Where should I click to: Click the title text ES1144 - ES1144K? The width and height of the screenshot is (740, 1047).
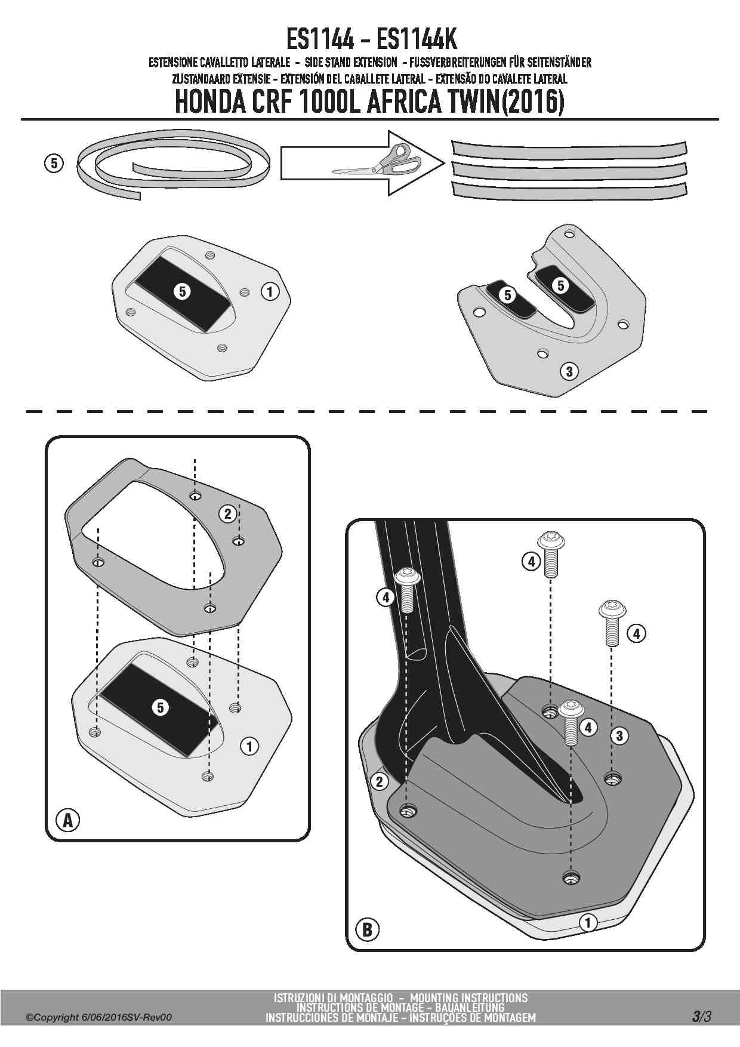(x=371, y=41)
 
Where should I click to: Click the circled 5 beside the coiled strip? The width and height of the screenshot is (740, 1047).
(x=54, y=163)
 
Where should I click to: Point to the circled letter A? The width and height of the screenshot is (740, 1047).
(x=68, y=820)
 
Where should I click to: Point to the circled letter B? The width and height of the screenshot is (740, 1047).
(x=368, y=929)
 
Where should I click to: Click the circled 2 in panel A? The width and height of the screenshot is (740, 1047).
(x=227, y=513)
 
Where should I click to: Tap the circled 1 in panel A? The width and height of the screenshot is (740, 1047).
(x=249, y=746)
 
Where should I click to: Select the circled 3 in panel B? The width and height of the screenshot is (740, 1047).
(x=619, y=736)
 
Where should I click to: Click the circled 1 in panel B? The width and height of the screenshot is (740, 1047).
(x=587, y=922)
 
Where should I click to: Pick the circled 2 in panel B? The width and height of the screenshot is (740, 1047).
(x=380, y=781)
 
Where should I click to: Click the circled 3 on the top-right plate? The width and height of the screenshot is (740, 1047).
(x=569, y=371)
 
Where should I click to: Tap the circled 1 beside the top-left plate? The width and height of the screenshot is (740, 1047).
(x=270, y=292)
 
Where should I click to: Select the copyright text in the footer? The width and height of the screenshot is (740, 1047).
(x=98, y=1017)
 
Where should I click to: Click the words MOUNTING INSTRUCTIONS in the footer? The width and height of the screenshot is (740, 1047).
(x=469, y=997)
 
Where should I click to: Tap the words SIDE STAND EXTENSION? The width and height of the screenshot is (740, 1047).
(x=351, y=61)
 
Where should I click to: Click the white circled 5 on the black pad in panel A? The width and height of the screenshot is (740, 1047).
(x=161, y=707)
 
